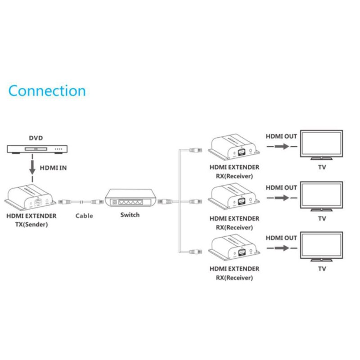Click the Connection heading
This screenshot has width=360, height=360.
(47, 90)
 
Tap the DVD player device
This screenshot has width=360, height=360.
(36, 148)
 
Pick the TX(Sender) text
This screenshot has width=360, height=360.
(31, 224)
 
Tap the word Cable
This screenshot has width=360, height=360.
(84, 216)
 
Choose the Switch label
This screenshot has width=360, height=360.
(130, 215)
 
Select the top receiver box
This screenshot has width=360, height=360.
(234, 147)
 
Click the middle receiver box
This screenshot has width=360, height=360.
(234, 198)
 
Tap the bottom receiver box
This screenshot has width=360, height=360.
(234, 248)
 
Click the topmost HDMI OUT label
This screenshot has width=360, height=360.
(281, 135)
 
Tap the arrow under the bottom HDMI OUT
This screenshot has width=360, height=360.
(281, 248)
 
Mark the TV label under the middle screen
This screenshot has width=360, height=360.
(322, 219)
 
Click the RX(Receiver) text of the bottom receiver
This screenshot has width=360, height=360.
(234, 278)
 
